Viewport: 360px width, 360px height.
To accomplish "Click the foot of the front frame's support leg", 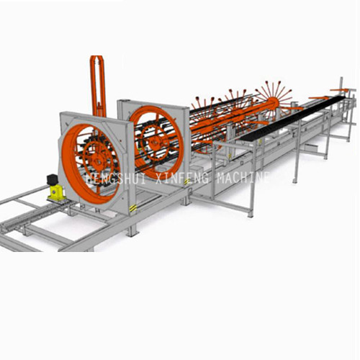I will (x=132, y=232).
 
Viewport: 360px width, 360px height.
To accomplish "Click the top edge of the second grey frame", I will (x=151, y=99).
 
